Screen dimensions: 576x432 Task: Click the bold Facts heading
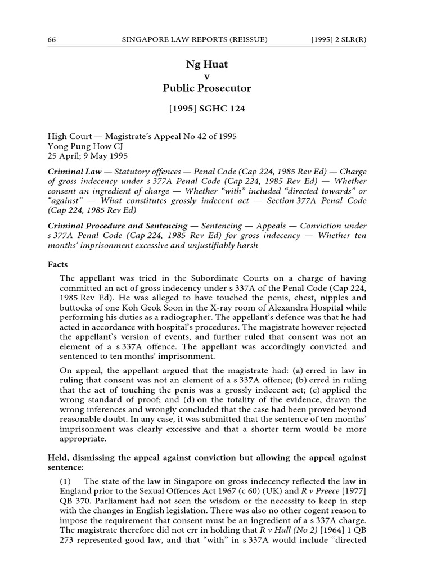pos(57,264)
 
